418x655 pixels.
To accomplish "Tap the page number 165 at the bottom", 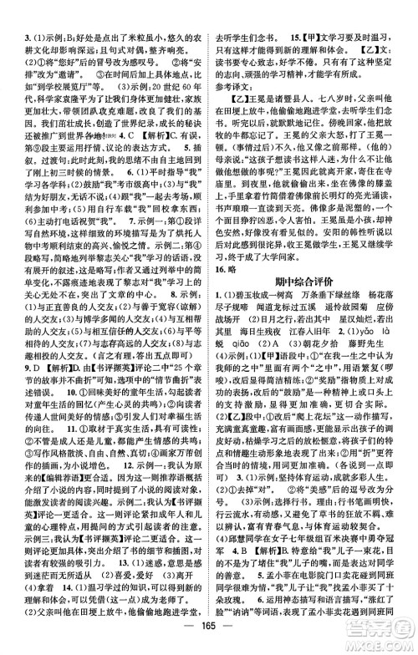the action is point(208,627).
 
